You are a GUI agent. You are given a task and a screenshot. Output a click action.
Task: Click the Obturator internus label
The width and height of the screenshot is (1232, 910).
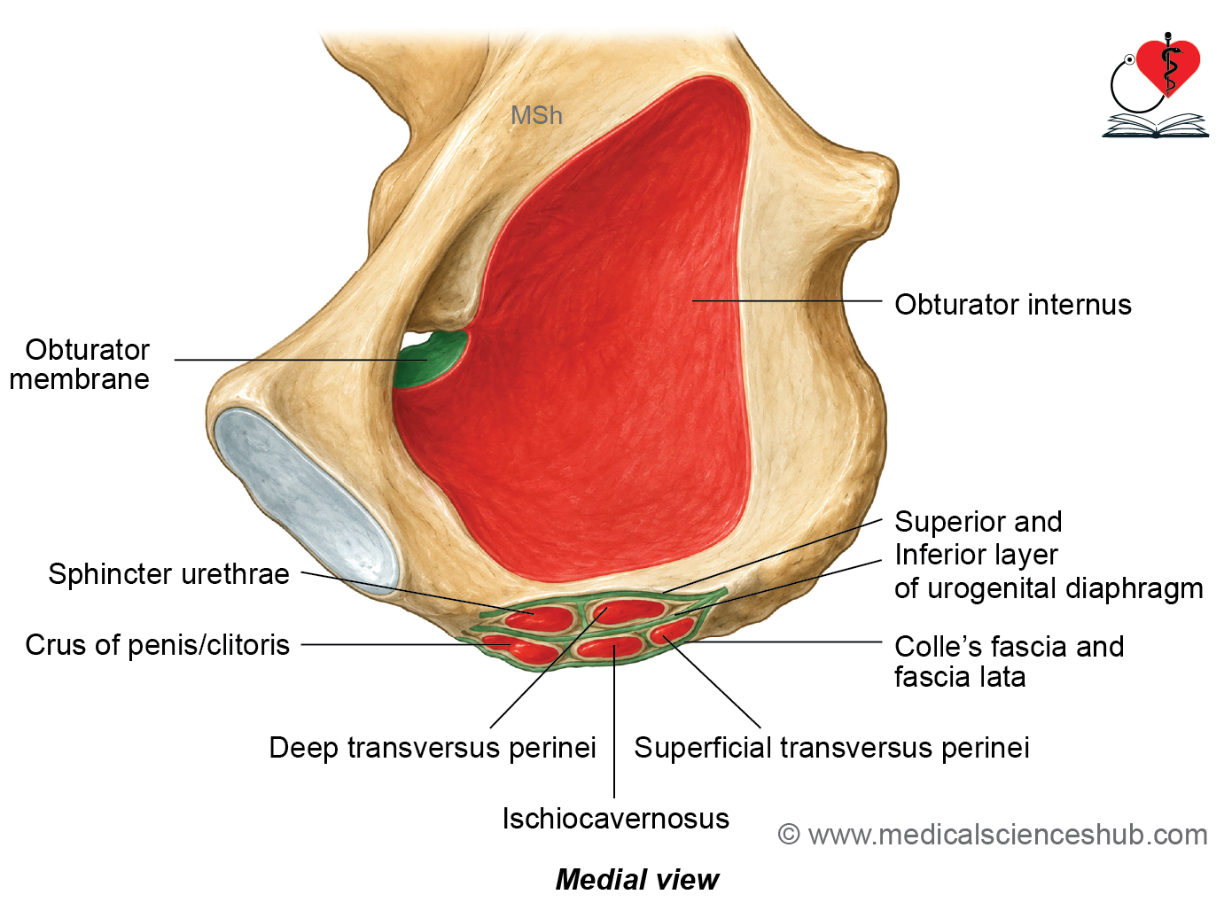(x=1012, y=305)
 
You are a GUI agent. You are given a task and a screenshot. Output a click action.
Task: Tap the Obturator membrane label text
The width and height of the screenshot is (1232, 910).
(x=80, y=364)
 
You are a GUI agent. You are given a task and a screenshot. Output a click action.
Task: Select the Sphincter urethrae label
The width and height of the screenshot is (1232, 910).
(x=169, y=574)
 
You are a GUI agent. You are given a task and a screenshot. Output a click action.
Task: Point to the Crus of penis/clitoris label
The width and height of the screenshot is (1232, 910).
(x=157, y=645)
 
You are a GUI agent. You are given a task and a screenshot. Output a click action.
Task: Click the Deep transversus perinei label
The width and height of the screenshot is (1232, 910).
(x=433, y=747)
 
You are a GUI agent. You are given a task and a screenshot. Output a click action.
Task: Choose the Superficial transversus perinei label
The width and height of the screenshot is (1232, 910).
(x=831, y=747)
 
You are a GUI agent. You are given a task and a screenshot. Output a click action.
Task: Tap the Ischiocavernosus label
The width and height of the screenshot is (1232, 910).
(x=615, y=819)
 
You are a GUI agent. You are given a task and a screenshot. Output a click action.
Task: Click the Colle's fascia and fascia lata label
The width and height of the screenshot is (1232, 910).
(x=1010, y=662)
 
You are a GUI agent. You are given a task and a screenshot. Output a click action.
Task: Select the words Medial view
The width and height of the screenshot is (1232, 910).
(x=637, y=880)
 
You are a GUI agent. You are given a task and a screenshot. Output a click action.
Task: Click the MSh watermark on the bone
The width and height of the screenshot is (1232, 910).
(x=536, y=115)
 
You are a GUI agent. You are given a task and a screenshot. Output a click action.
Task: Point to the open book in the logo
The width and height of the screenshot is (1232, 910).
(x=1156, y=126)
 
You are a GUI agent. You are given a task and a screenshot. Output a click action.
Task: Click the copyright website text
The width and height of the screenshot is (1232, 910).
(x=993, y=835)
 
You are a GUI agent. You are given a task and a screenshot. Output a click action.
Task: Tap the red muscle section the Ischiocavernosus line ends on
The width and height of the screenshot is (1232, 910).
(x=611, y=647)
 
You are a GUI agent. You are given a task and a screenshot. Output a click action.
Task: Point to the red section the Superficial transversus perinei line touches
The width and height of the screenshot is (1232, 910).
(x=672, y=632)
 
